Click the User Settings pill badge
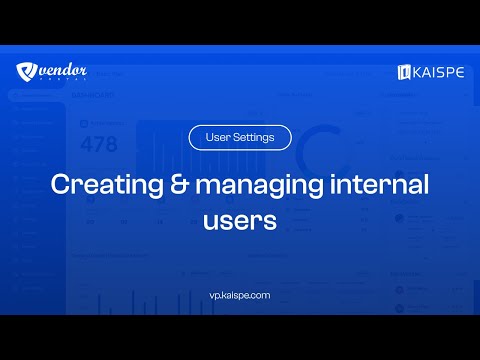(x=239, y=137)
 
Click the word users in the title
(x=239, y=221)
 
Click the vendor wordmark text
(x=65, y=69)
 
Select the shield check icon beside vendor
(x=27, y=72)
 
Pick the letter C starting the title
(x=59, y=185)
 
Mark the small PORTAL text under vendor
(x=65, y=82)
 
